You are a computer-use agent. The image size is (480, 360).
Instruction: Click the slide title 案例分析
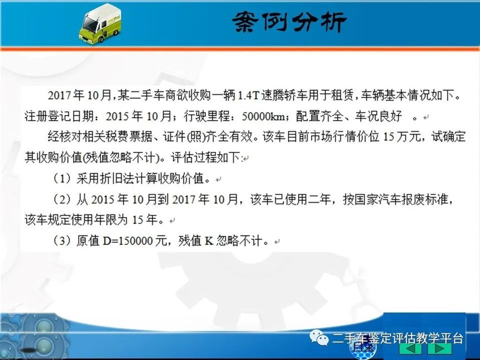coord(289,22)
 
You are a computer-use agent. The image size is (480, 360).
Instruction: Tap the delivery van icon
coord(100,24)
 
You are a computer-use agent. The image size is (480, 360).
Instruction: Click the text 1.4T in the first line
coord(248,96)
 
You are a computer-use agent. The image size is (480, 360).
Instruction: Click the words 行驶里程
coord(207,116)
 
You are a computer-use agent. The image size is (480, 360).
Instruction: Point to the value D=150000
coord(128,241)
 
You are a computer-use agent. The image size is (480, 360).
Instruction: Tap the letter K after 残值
coord(209,241)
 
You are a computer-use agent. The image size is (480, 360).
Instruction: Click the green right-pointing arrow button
coord(439,349)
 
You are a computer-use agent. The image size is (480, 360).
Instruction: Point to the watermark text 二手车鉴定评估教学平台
coord(397,339)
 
